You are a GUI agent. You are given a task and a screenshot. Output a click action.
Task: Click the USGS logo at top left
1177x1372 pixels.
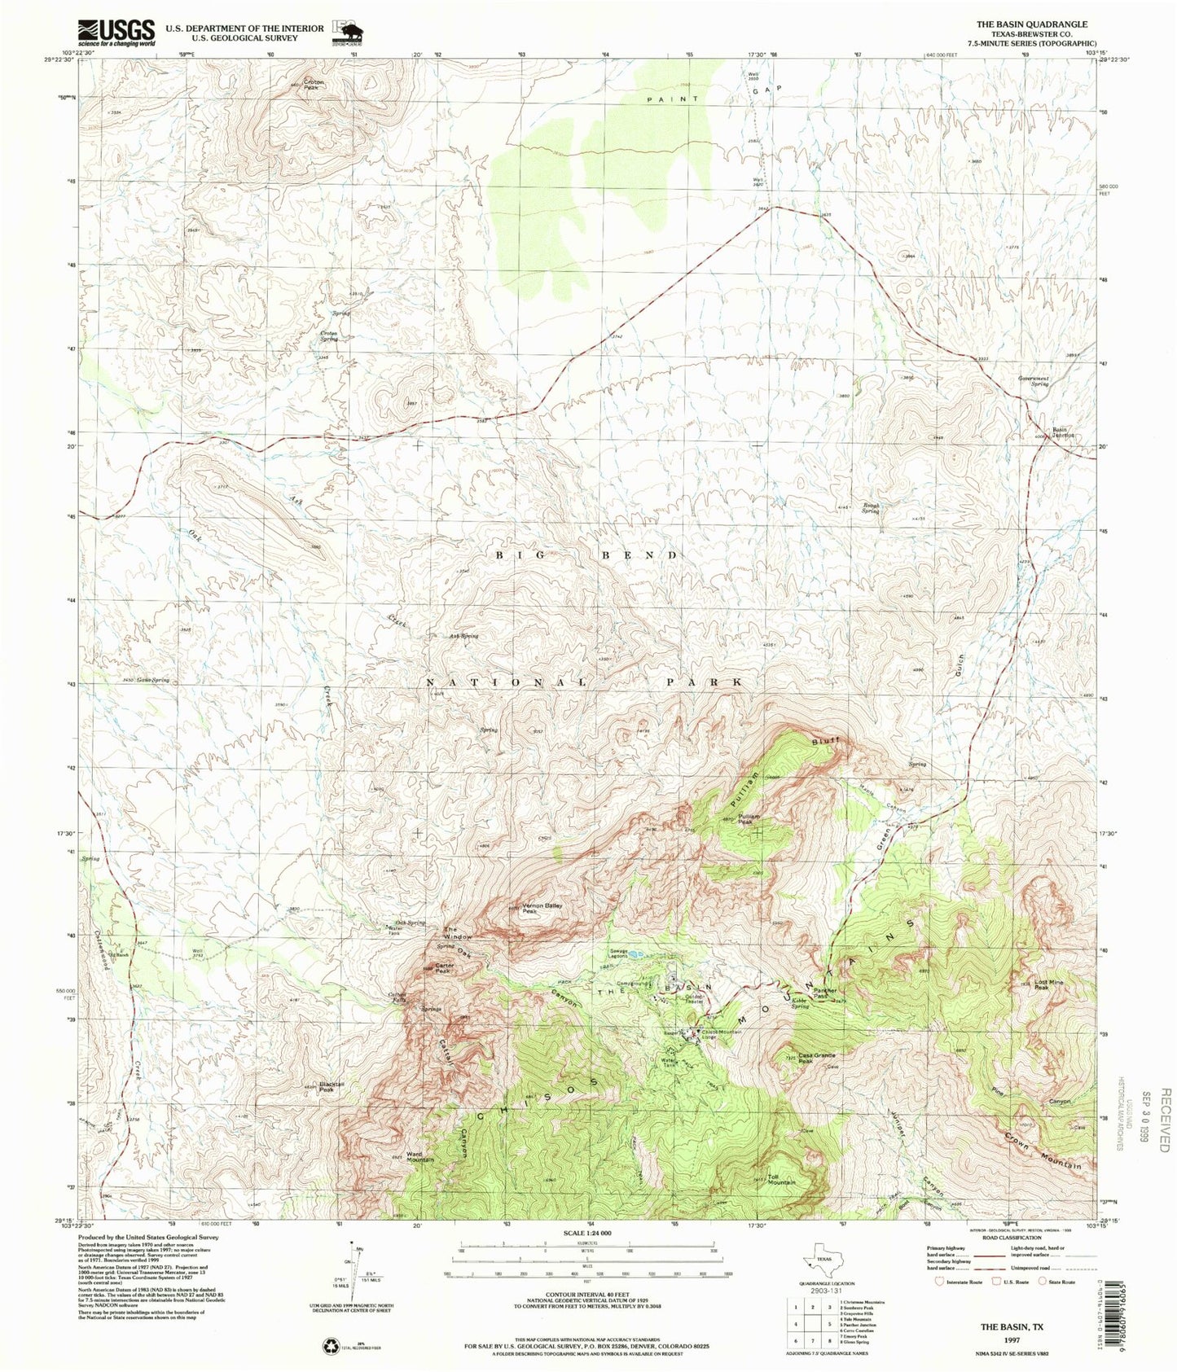[116, 32]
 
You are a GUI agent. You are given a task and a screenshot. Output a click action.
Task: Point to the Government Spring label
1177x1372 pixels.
[1032, 381]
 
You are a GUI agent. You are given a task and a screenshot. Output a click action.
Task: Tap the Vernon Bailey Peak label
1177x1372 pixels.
[542, 909]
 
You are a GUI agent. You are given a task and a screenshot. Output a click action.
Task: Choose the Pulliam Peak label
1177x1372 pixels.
[749, 818]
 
